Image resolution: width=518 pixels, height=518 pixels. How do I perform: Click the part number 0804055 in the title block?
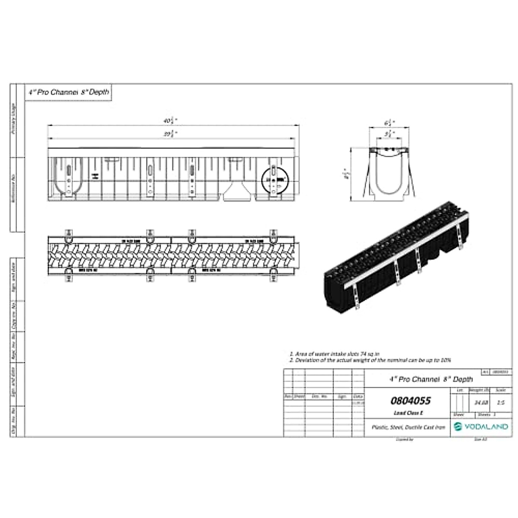[x=410, y=401]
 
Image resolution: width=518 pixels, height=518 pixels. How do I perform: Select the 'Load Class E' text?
[x=408, y=413]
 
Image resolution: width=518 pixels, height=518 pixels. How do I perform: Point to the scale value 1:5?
[x=501, y=403]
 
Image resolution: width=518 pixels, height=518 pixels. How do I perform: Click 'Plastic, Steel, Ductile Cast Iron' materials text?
[x=408, y=427]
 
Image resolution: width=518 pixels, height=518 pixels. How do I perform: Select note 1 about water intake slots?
[x=335, y=354]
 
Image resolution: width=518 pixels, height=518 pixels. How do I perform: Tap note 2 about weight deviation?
[x=370, y=360]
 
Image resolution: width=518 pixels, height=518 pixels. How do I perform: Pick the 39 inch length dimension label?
[x=171, y=134]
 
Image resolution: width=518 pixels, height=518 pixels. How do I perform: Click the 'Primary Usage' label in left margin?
[x=13, y=118]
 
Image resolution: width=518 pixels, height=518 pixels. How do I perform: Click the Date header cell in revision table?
[x=358, y=396]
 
